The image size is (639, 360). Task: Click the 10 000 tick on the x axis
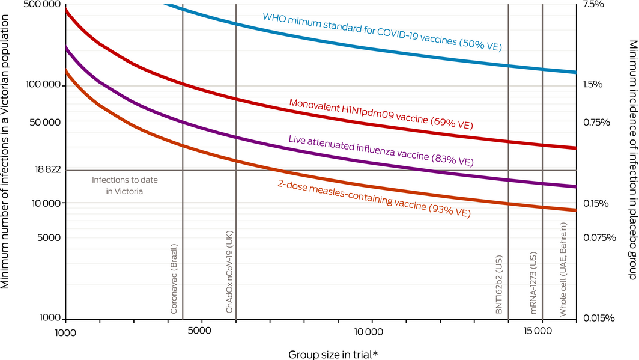point(369,332)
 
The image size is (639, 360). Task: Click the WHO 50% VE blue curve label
point(382,31)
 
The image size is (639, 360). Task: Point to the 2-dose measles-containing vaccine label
point(374,198)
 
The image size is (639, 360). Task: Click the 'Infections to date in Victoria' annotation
point(126,185)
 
